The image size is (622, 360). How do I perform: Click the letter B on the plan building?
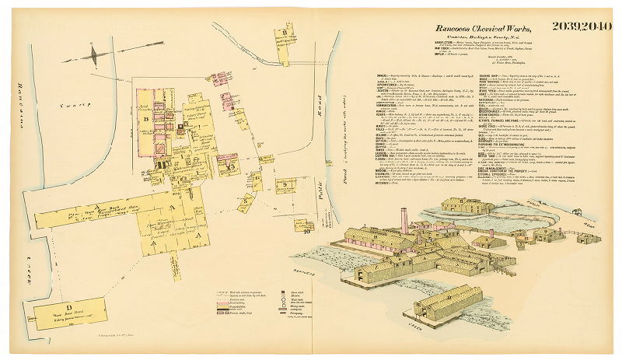coord(145,121)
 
